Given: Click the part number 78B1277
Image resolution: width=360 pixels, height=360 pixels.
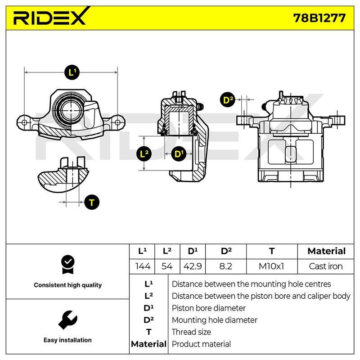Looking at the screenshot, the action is (x=319, y=18).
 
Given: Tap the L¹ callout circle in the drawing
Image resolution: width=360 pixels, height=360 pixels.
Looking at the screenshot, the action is (x=72, y=72).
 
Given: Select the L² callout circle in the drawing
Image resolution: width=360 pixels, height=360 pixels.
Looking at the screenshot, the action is (x=144, y=153).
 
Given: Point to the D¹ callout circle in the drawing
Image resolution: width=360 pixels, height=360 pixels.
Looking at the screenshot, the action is (x=179, y=153).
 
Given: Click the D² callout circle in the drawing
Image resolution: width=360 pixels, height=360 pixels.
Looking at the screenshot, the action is (x=228, y=100).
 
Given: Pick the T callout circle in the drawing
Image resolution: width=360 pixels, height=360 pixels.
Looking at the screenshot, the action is (x=92, y=202).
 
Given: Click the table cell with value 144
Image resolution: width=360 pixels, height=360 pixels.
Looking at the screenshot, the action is (x=142, y=266).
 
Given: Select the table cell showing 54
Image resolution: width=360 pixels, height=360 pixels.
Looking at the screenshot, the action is (x=167, y=266).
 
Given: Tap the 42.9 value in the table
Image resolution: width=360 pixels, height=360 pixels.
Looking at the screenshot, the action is (x=193, y=266).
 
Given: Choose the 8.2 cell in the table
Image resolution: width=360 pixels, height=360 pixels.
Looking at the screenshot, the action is (x=226, y=266).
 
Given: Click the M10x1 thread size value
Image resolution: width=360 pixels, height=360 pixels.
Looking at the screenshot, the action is (x=272, y=266).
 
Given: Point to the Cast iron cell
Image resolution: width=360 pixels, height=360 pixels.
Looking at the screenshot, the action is (x=325, y=266).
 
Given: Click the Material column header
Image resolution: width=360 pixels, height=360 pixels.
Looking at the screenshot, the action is (x=327, y=251).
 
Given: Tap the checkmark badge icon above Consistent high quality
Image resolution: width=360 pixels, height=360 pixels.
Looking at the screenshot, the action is (x=68, y=265).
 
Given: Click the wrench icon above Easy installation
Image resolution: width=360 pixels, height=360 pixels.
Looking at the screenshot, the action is (x=68, y=320).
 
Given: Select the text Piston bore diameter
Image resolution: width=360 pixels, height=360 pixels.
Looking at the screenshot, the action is (x=208, y=308).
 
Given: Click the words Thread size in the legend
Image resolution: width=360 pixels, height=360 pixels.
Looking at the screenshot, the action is (x=191, y=332).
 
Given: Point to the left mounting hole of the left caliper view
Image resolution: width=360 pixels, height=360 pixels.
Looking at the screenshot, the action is (x=24, y=122).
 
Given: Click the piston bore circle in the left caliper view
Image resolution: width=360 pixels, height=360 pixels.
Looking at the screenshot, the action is (x=71, y=110).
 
